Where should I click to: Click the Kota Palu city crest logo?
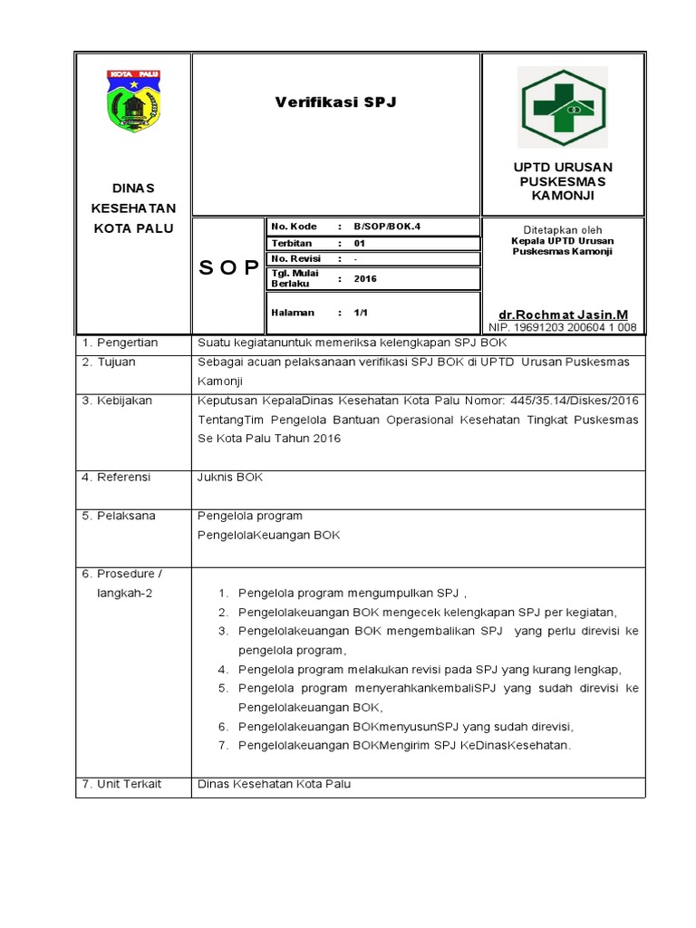tap(133, 101)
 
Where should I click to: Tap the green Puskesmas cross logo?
tap(562, 106)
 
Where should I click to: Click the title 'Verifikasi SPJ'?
tap(335, 102)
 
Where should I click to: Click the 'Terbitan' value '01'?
tap(359, 243)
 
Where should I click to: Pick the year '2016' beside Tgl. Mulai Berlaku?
tap(365, 279)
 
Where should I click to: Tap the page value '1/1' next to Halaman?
tap(360, 313)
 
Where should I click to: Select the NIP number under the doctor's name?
tap(562, 327)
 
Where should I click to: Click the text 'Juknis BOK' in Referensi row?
tap(230, 477)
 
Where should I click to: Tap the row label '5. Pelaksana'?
tap(118, 516)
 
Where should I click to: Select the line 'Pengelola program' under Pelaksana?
tap(250, 516)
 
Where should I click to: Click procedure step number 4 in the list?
tap(222, 670)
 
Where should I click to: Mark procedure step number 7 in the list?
tap(222, 746)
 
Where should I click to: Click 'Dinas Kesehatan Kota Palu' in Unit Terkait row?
tap(274, 784)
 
